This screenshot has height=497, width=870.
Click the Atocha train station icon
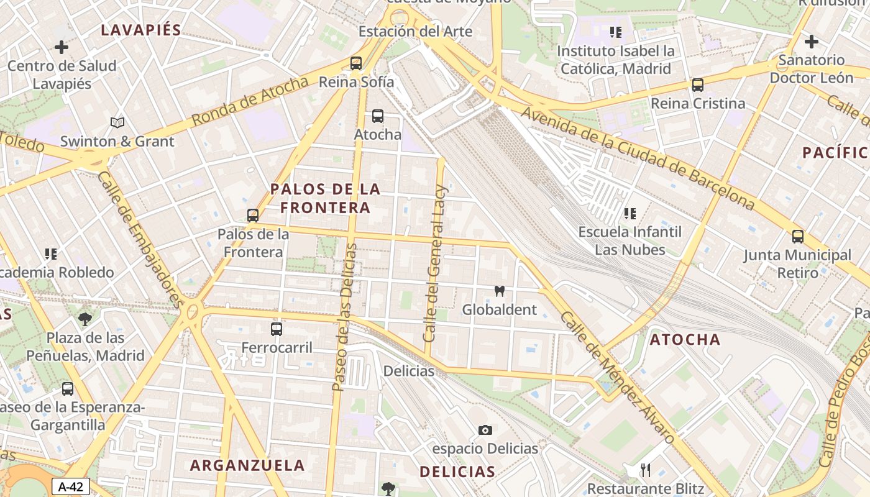tap(377, 116)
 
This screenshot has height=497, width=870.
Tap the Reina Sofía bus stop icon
tap(355, 63)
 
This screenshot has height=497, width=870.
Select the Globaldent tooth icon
tap(499, 291)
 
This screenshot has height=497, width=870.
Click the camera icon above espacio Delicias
tap(485, 430)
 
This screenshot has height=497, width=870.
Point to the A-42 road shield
tap(70, 486)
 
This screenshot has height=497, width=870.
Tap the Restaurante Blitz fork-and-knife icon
tap(646, 470)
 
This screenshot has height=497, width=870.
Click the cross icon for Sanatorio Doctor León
tap(811, 42)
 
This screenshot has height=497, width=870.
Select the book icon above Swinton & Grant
tap(117, 122)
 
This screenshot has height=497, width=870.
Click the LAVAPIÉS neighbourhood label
tap(141, 30)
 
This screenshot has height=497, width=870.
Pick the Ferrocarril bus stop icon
tap(277, 329)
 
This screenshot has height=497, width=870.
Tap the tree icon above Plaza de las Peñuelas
tap(85, 319)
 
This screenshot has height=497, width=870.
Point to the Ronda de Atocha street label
tap(250, 101)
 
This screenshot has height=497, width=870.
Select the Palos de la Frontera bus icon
tap(252, 216)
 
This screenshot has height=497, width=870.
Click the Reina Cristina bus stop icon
tap(698, 85)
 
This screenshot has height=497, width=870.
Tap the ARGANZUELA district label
tap(247, 465)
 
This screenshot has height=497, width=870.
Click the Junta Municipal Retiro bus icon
tap(798, 237)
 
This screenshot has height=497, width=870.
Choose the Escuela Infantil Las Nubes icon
tap(630, 214)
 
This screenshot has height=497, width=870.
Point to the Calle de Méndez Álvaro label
tap(617, 378)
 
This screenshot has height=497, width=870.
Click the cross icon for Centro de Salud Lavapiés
tap(62, 47)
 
